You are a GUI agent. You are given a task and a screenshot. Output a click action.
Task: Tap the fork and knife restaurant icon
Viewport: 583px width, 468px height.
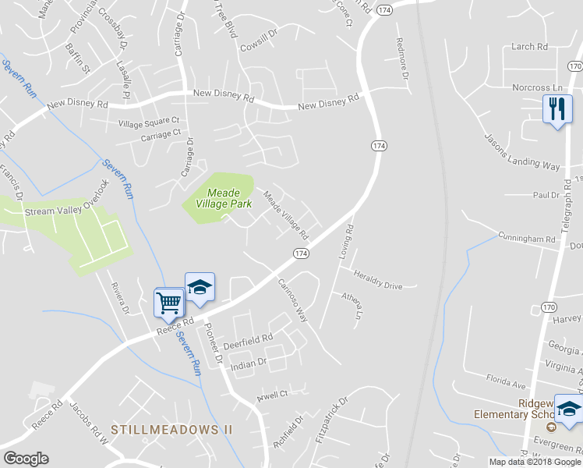click(556, 108)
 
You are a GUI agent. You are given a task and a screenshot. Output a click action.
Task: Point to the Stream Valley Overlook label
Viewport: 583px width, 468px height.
click(63, 211)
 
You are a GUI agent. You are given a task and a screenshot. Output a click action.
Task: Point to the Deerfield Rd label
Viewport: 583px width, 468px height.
click(248, 339)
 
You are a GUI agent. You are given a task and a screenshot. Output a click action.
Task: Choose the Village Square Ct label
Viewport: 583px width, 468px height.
click(149, 122)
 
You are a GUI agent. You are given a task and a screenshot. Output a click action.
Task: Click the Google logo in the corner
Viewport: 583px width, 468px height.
click(25, 459)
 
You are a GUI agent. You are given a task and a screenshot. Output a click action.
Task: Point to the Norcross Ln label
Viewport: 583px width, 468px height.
click(537, 87)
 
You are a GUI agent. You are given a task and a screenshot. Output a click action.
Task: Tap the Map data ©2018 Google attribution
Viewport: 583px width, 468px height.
click(535, 462)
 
